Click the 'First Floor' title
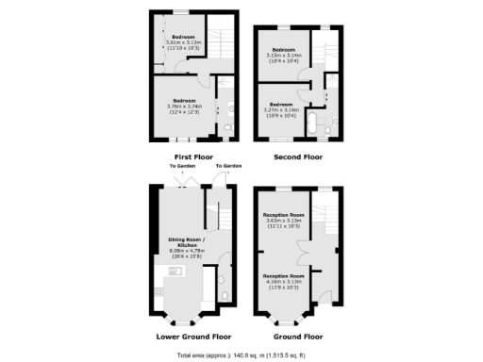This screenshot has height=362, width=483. click(x=193, y=156)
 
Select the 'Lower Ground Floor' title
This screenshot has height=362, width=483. click(x=193, y=336)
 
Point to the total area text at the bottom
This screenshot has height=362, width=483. click(x=241, y=354)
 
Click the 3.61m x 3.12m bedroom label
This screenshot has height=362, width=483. click(x=184, y=41)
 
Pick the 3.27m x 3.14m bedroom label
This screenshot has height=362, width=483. click(x=283, y=107)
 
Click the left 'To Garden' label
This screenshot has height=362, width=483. click(x=180, y=167)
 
